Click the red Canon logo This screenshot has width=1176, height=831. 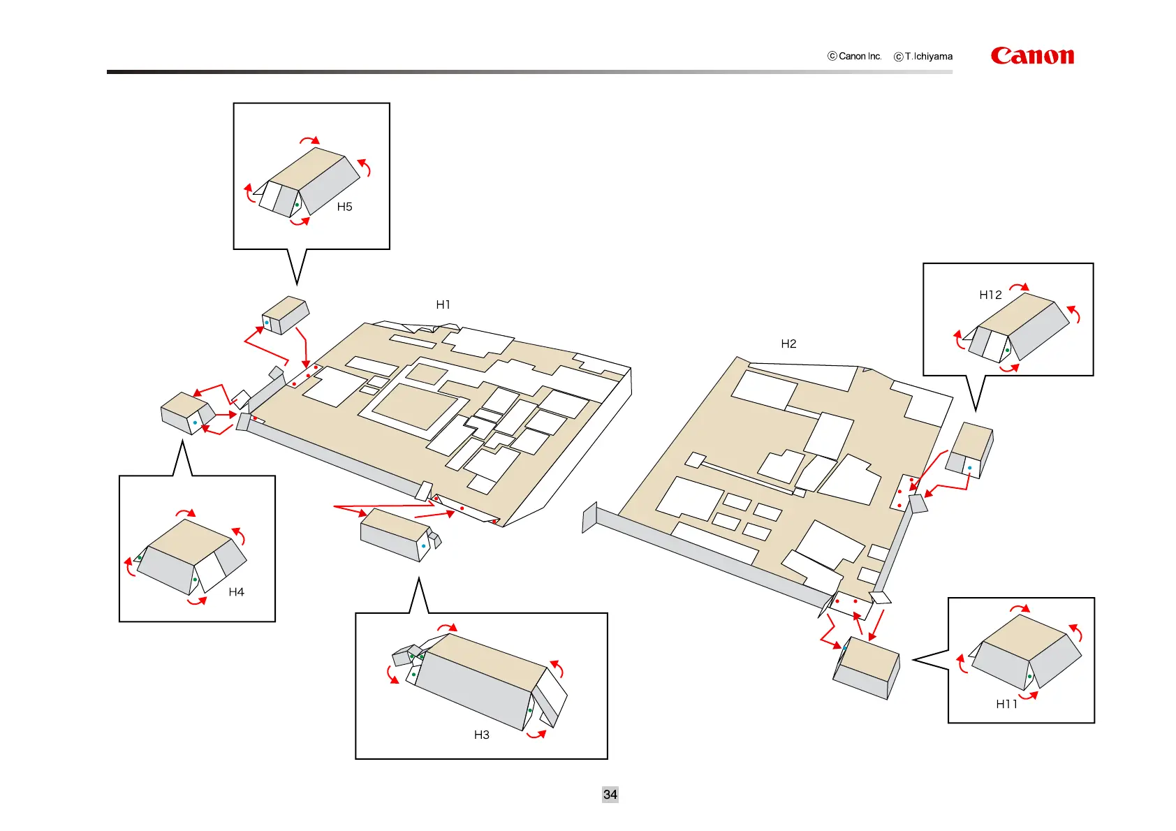[1032, 56]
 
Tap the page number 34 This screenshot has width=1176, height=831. [610, 795]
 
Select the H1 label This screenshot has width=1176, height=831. [443, 304]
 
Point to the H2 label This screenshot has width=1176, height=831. [788, 344]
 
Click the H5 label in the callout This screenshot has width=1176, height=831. [344, 207]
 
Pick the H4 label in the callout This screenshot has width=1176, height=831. [236, 592]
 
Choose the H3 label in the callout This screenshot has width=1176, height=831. [481, 735]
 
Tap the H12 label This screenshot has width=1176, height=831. [990, 295]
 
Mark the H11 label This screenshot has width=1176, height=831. [1006, 704]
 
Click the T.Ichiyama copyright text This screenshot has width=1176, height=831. [924, 57]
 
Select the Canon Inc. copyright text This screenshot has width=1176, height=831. [855, 56]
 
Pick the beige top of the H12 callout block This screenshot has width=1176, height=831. [1016, 314]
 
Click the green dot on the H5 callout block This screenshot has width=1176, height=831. [297, 205]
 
